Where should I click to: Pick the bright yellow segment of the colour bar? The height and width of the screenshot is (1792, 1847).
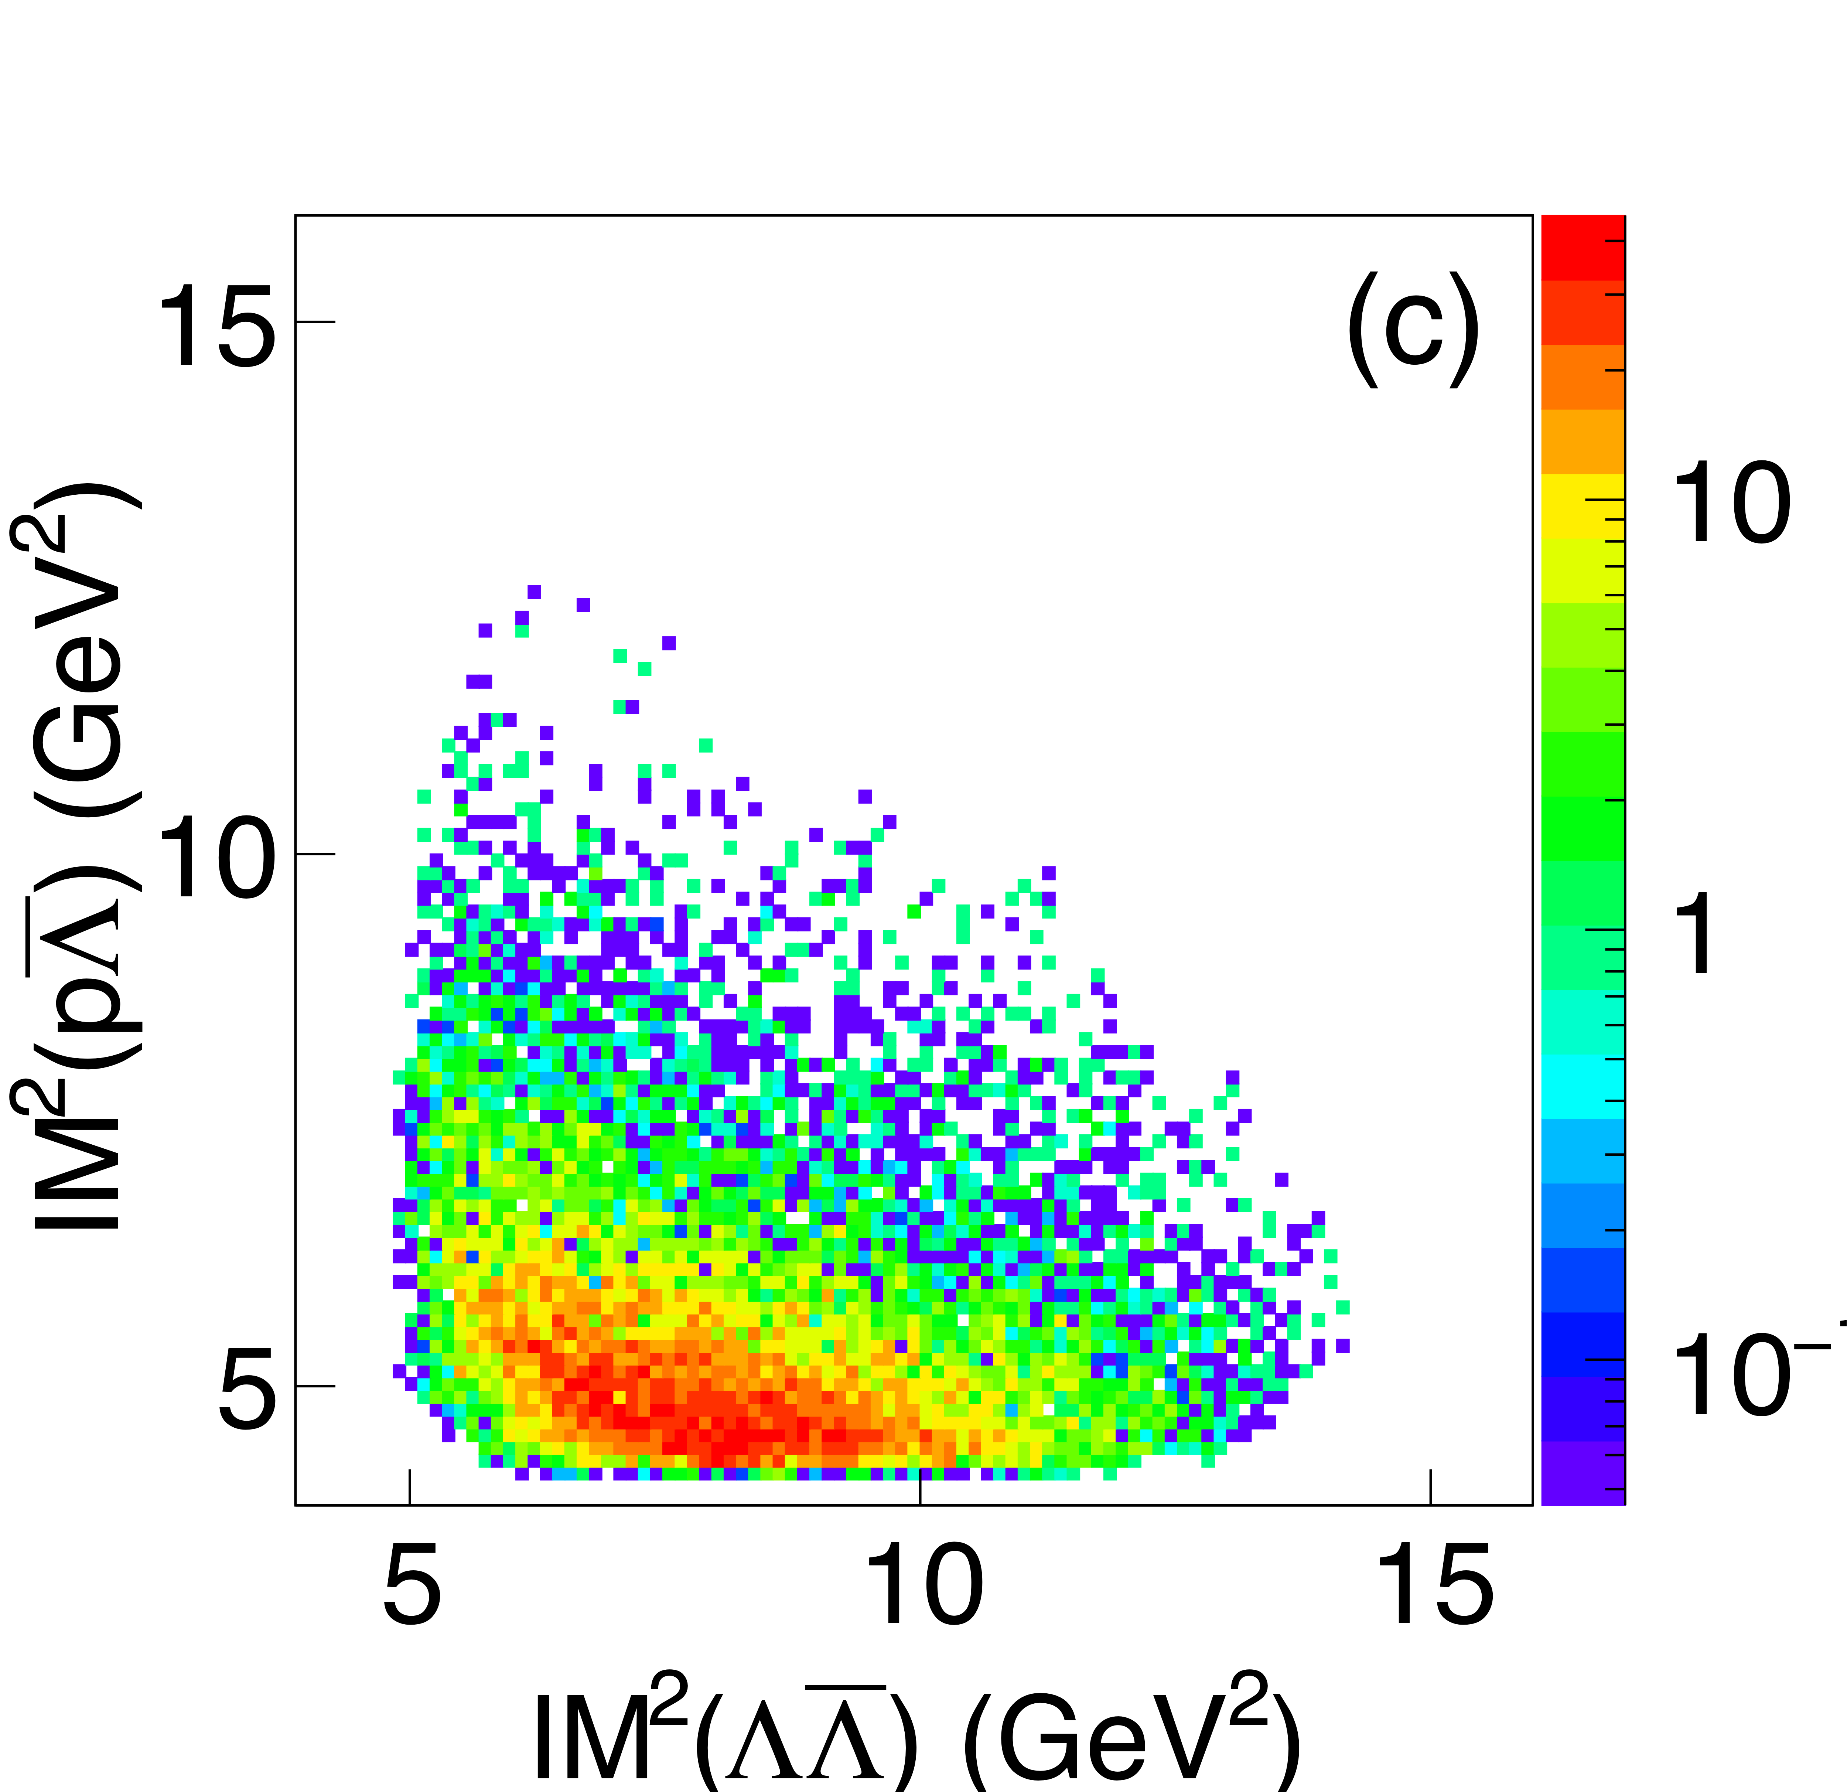(1583, 506)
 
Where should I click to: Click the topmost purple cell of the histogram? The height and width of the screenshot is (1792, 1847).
(534, 592)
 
